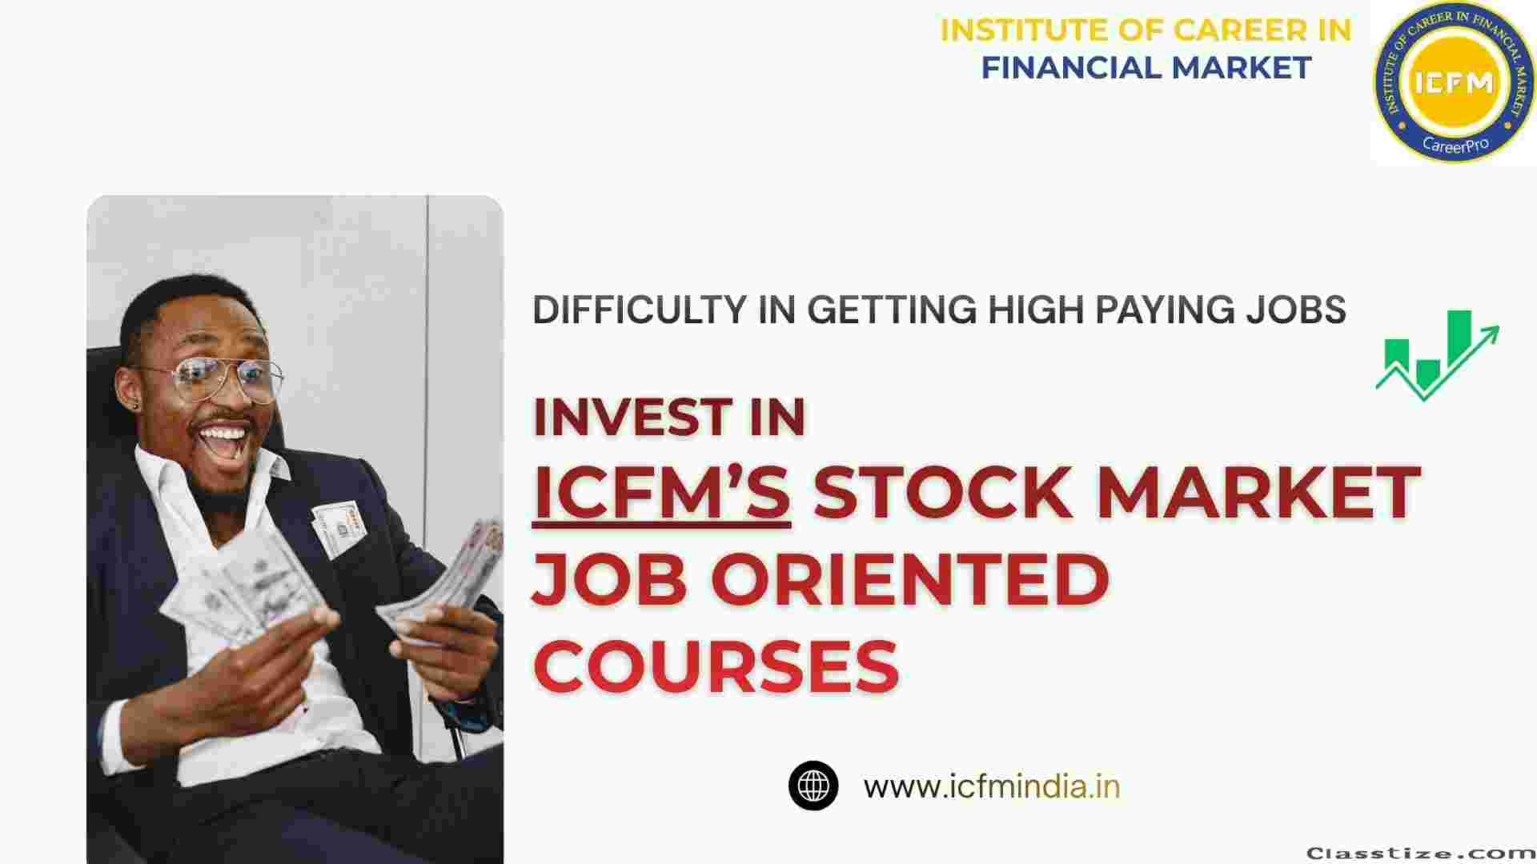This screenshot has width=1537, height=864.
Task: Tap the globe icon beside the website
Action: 813,786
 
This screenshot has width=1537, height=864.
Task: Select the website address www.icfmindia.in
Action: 992,786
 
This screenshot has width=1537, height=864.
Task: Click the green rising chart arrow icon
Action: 1438,354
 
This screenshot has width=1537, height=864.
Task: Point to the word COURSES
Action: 716,666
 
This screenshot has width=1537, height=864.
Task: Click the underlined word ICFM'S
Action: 661,492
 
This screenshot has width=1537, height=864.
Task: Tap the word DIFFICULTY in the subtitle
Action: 640,310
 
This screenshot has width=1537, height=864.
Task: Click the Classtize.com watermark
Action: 1421,853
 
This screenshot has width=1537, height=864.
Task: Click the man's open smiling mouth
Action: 223,438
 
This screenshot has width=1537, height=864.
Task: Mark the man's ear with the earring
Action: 137,388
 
